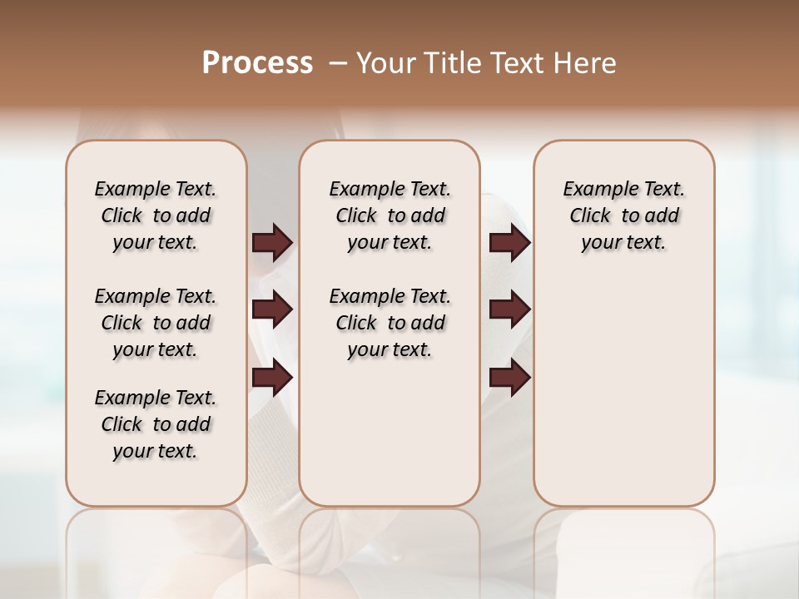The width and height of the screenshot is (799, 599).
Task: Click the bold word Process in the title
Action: coord(257,63)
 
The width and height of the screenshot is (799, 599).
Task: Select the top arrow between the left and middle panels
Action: coord(272,242)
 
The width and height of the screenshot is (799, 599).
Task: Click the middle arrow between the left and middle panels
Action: coord(272,309)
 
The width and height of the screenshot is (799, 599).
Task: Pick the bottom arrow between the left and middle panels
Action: coord(272,378)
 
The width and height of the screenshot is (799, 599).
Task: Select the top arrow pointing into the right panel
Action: coord(509,242)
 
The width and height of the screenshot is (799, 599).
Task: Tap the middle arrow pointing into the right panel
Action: coord(509,309)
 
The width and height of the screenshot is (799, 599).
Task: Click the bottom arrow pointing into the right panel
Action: coord(509,378)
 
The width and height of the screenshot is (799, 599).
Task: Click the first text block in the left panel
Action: coord(156,215)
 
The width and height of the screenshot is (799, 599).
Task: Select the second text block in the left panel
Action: coord(156,323)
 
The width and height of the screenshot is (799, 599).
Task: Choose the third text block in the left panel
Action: coord(156,424)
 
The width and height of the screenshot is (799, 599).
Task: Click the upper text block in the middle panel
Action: coord(390,215)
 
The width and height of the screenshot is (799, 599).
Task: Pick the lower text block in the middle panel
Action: coord(390,323)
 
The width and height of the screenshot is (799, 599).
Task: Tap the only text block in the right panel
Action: coord(623,215)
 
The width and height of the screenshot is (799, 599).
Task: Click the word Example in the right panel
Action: coord(594,190)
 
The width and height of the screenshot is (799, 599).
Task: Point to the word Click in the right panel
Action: coord(590,216)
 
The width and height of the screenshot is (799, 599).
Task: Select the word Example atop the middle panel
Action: coord(360,190)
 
